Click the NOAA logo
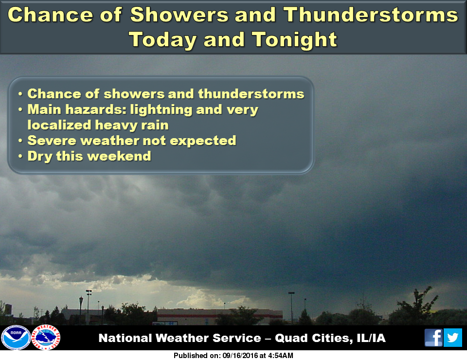click(x=16, y=338)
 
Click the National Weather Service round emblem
click(x=46, y=337)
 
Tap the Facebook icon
click(x=433, y=338)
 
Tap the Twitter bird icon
click(x=453, y=338)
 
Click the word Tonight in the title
click(x=294, y=40)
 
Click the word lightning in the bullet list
click(x=161, y=110)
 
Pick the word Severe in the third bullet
click(x=52, y=141)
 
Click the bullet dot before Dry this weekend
click(x=20, y=156)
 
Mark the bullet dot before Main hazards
click(x=20, y=109)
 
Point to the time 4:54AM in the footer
click(x=280, y=356)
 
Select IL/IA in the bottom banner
click(x=371, y=338)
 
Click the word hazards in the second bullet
click(x=96, y=109)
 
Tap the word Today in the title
click(x=163, y=40)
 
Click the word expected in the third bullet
click(x=203, y=141)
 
